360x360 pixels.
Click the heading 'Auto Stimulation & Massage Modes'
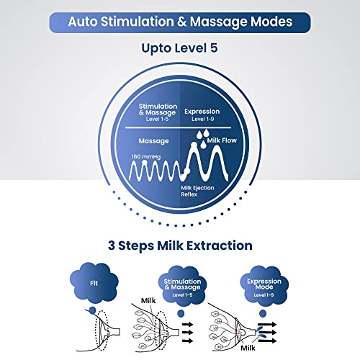180,22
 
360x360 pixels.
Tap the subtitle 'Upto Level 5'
179,48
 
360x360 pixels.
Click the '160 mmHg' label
146,157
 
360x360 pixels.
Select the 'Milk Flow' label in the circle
222,140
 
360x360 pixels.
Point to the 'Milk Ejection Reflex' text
197,191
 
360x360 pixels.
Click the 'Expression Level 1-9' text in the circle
202,114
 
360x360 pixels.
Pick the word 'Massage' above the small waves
153,141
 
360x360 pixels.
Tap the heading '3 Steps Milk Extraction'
180,246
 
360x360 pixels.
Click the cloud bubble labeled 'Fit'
94,283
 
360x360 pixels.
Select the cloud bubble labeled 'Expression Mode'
264,285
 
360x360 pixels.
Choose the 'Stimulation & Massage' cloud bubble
182,285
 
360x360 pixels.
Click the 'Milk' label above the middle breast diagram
148,300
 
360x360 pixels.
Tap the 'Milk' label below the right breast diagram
248,348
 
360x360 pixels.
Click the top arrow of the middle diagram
188,325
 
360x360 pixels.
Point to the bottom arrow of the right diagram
267,341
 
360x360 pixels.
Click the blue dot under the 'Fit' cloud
92,310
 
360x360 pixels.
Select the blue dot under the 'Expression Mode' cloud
263,313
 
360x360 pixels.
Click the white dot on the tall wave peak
194,145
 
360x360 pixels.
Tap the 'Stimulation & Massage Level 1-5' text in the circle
158,112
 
